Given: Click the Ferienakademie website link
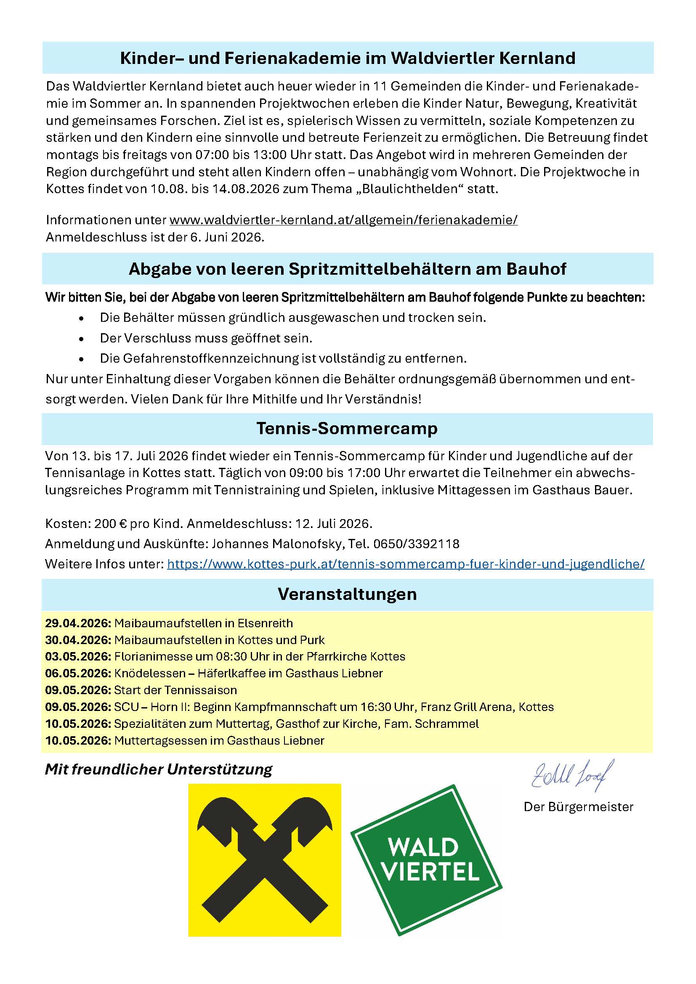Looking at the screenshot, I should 343,220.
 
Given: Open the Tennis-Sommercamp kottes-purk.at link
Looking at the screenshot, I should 405,564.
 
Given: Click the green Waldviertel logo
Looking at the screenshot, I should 426,859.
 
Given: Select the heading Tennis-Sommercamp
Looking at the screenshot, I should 347,429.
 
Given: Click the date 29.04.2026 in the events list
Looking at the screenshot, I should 78,623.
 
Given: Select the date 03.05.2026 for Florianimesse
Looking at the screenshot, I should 78,657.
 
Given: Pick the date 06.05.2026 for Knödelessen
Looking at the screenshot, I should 78,673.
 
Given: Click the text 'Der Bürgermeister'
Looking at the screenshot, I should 578,807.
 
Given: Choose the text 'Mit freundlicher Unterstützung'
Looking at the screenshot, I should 159,769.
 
